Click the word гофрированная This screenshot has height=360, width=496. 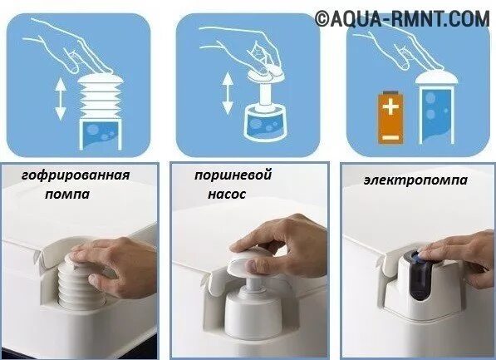click(76, 175)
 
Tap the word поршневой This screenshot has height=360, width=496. click(233, 175)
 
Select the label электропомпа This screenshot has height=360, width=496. click(415, 180)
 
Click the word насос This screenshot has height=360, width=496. click(227, 194)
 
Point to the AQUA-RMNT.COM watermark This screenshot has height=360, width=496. click(402, 18)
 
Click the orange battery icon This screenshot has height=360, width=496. click(391, 117)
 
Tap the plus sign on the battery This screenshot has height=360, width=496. click(390, 106)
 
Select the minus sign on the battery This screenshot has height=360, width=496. click(390, 137)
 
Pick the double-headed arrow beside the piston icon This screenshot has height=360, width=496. click(228, 93)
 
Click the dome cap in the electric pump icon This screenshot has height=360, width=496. click(436, 78)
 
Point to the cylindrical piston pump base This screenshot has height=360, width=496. click(253, 310)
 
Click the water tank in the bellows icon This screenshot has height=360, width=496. click(101, 134)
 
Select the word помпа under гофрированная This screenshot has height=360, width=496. click(67, 194)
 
